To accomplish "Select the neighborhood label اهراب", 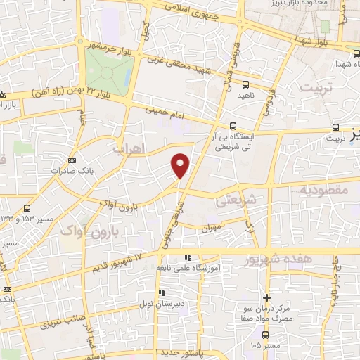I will (128, 148).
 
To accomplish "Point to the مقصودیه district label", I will (324, 190).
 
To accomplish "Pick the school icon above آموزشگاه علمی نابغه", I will (187, 258).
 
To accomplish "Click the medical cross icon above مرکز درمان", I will (266, 297).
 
